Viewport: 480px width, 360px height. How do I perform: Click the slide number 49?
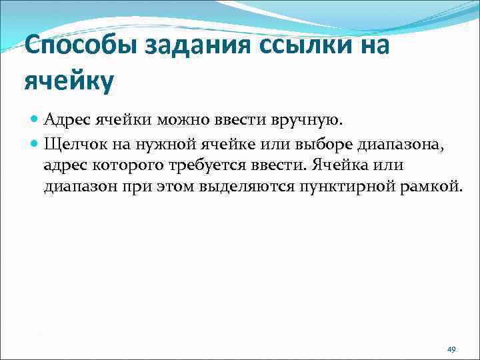(x=451, y=349)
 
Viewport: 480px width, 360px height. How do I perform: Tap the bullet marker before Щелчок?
(x=34, y=143)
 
